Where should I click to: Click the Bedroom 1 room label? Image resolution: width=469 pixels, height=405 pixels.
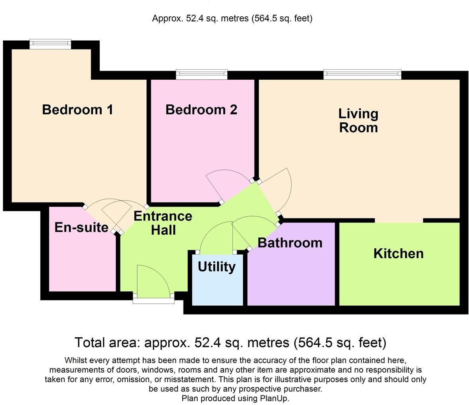77,110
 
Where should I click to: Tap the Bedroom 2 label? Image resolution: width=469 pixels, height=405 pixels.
201,110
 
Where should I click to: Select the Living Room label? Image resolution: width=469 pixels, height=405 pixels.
358,120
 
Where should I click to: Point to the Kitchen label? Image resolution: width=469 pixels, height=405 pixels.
398,254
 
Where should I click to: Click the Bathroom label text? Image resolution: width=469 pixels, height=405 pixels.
290,243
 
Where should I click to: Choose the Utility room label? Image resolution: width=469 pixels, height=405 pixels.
217,267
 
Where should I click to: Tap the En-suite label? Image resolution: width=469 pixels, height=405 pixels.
81,228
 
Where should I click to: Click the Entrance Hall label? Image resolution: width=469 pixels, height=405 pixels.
163,223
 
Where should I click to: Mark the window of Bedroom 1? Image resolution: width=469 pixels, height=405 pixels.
50,44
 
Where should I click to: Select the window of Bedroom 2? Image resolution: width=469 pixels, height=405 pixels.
202,75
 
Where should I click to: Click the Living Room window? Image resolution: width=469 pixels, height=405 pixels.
362,75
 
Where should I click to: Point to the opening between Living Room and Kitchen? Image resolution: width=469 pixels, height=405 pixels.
399,220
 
